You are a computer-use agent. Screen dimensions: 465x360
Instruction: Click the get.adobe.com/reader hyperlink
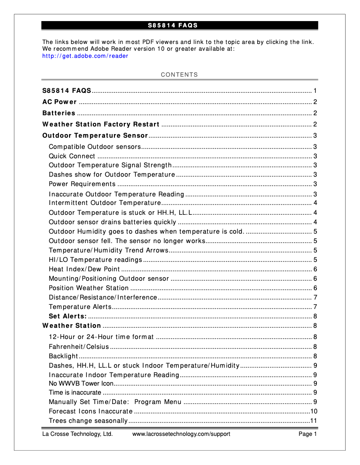click(85, 56)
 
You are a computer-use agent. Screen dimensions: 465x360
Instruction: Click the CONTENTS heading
click(180, 75)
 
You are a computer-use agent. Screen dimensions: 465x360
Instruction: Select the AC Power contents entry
click(59, 102)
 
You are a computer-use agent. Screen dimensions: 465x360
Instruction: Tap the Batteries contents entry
click(59, 113)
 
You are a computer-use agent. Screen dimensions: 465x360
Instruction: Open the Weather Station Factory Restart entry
click(101, 124)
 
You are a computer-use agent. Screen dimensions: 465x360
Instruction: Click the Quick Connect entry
click(72, 156)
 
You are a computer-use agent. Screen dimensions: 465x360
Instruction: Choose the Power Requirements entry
click(82, 184)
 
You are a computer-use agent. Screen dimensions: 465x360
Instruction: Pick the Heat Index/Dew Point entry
click(84, 269)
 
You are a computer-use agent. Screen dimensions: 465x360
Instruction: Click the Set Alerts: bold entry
click(67, 316)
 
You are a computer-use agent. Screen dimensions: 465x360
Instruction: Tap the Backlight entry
click(63, 356)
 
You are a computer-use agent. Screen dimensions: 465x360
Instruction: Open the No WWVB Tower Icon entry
click(81, 383)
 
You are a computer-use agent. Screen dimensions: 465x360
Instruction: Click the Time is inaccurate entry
click(75, 392)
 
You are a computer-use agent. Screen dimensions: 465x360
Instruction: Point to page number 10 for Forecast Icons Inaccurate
click(314, 411)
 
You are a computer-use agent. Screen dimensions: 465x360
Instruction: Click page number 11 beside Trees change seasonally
click(314, 421)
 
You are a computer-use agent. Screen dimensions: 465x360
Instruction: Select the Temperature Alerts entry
click(80, 307)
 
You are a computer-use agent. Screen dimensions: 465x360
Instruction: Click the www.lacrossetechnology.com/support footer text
click(181, 434)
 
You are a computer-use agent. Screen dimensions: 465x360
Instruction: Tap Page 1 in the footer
click(308, 434)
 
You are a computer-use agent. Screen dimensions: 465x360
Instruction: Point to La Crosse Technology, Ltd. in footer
click(77, 434)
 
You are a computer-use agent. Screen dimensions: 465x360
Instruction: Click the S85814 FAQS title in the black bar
click(173, 25)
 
